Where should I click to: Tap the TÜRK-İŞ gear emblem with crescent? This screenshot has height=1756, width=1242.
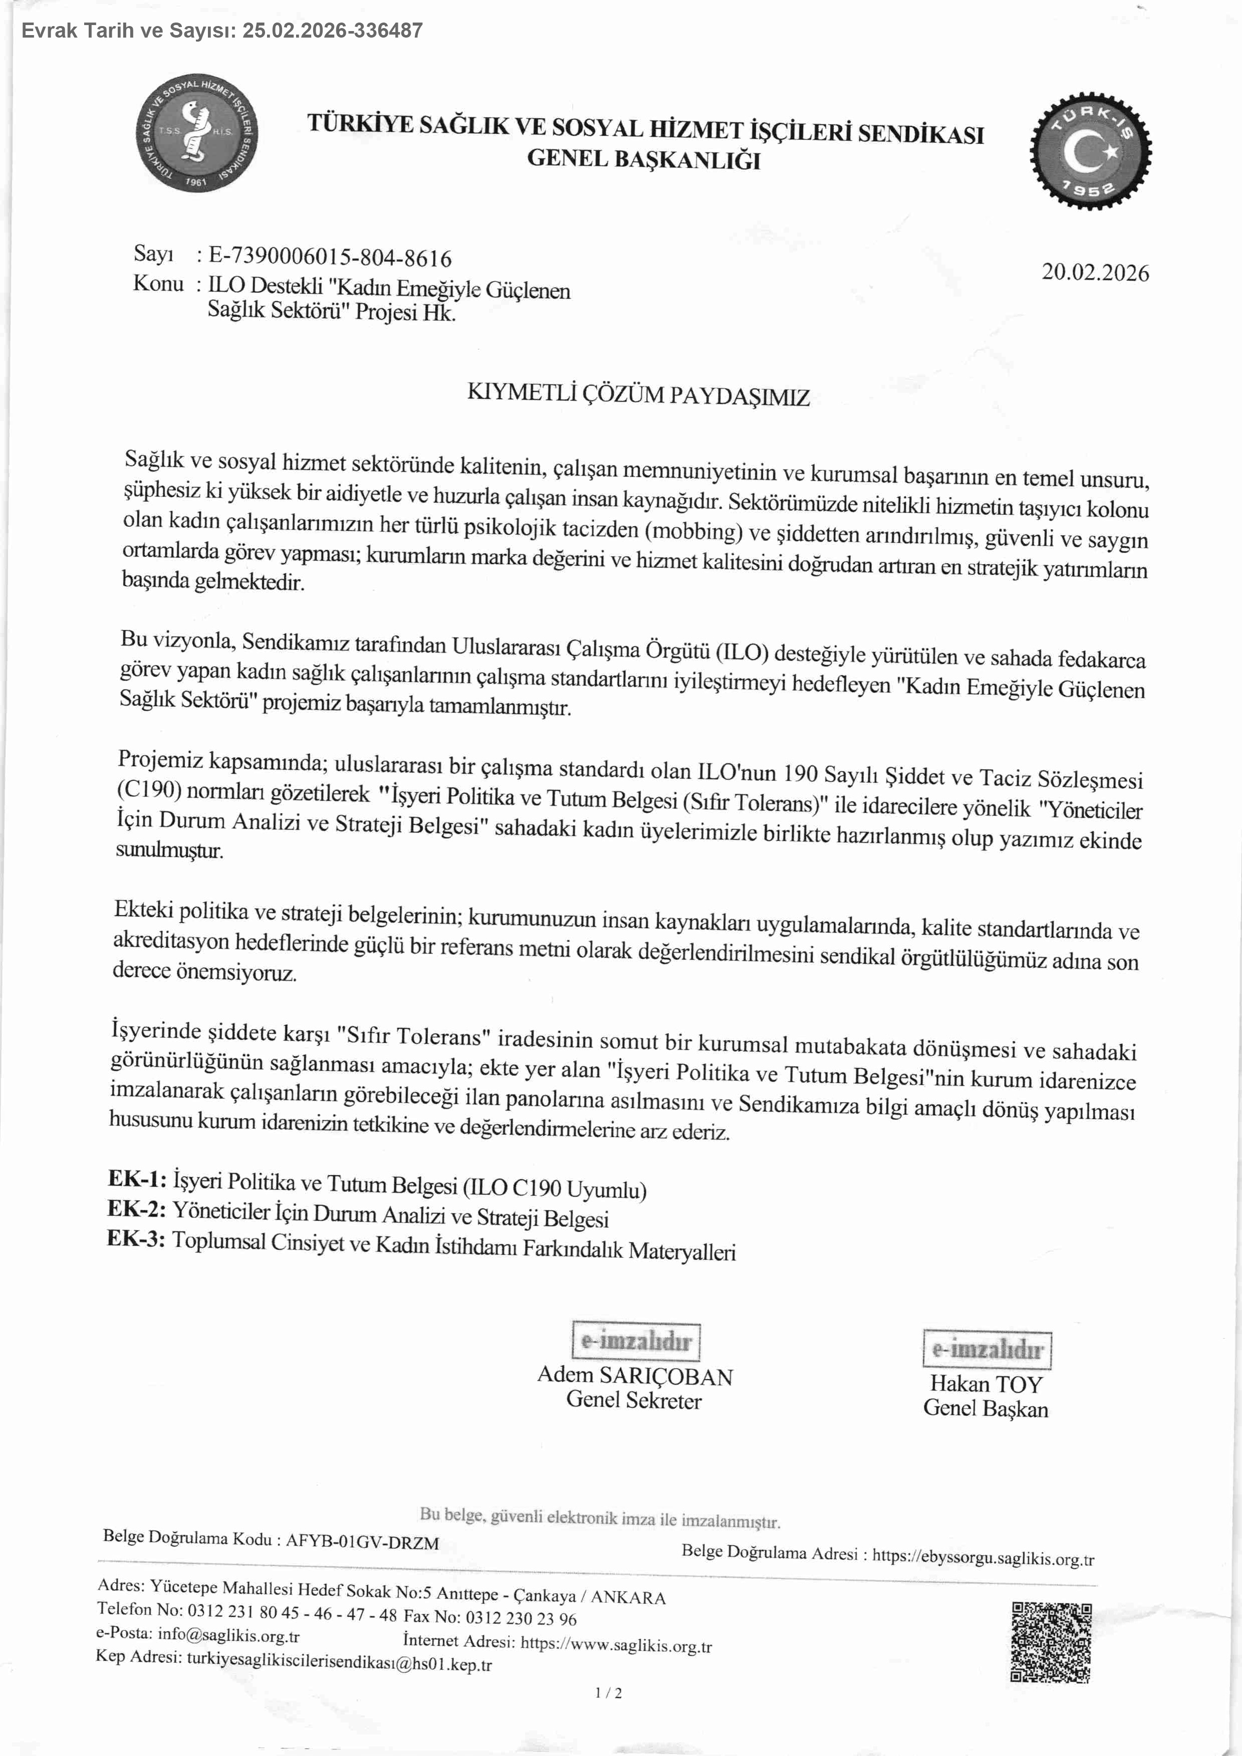click(1091, 151)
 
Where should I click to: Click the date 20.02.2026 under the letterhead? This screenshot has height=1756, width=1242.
click(1094, 273)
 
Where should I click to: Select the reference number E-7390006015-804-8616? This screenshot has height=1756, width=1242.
click(330, 258)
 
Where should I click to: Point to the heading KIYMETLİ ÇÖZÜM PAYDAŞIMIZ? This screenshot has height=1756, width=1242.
click(638, 395)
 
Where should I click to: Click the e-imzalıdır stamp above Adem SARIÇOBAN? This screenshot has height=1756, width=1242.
click(636, 1341)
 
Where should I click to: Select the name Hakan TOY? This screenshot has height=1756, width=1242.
click(986, 1384)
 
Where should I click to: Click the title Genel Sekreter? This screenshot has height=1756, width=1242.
click(633, 1400)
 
